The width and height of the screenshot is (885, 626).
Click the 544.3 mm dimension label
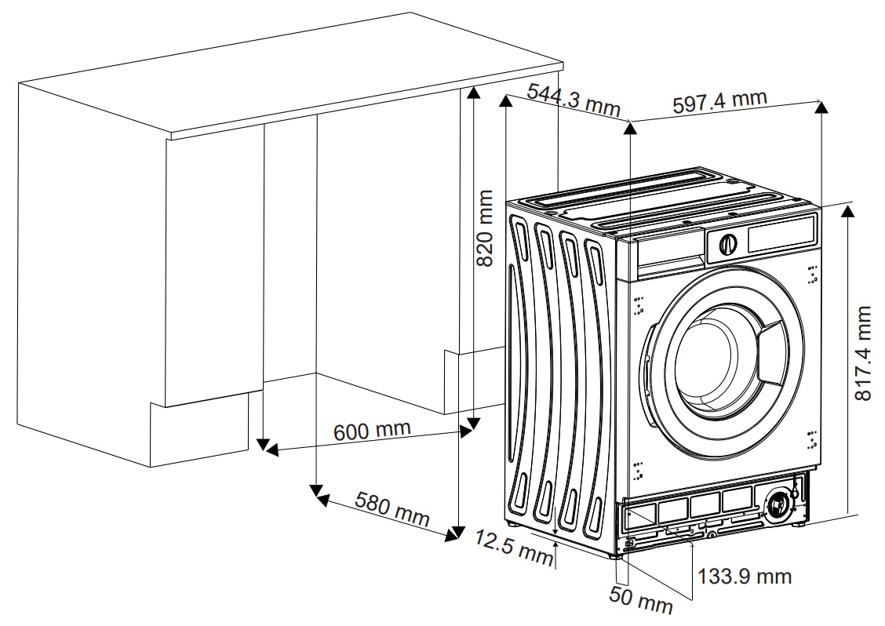click(x=573, y=100)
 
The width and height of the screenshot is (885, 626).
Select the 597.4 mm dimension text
click(x=719, y=102)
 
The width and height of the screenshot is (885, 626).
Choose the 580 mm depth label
click(x=392, y=509)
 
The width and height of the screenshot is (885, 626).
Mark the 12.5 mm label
click(x=514, y=547)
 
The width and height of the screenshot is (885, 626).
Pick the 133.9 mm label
click(x=745, y=577)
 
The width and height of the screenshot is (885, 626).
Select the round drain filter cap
click(x=779, y=505)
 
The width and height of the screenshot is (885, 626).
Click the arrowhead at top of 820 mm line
click(x=472, y=93)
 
